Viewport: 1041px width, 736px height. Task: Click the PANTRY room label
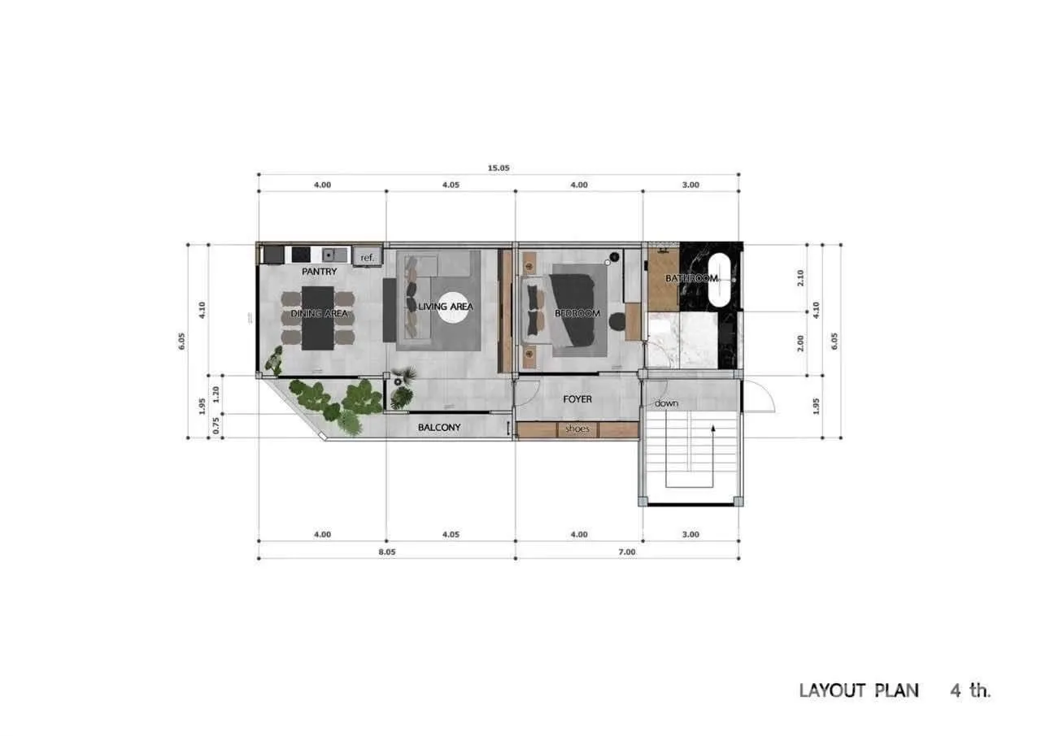[320, 272]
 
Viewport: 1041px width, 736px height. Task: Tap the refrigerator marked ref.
[367, 256]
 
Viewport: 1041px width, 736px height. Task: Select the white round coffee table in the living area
[452, 307]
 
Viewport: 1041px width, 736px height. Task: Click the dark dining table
[318, 318]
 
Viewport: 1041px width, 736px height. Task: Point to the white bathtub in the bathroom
[720, 281]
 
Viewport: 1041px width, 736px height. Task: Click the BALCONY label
[439, 427]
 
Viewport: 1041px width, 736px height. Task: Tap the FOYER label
[577, 399]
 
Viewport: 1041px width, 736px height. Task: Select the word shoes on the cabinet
[577, 429]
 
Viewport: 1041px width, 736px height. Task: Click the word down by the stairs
[666, 403]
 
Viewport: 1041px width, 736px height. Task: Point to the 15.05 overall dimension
[499, 168]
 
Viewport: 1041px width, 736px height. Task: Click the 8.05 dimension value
[387, 552]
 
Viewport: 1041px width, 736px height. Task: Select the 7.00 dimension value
[627, 552]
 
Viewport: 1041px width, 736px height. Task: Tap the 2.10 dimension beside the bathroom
[800, 278]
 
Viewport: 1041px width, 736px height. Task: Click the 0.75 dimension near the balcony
[216, 425]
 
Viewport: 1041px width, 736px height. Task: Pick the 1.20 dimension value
[216, 394]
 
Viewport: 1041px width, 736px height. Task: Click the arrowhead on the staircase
[713, 429]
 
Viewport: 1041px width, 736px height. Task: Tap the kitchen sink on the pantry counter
[334, 255]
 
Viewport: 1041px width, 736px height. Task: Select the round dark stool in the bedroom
[617, 321]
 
